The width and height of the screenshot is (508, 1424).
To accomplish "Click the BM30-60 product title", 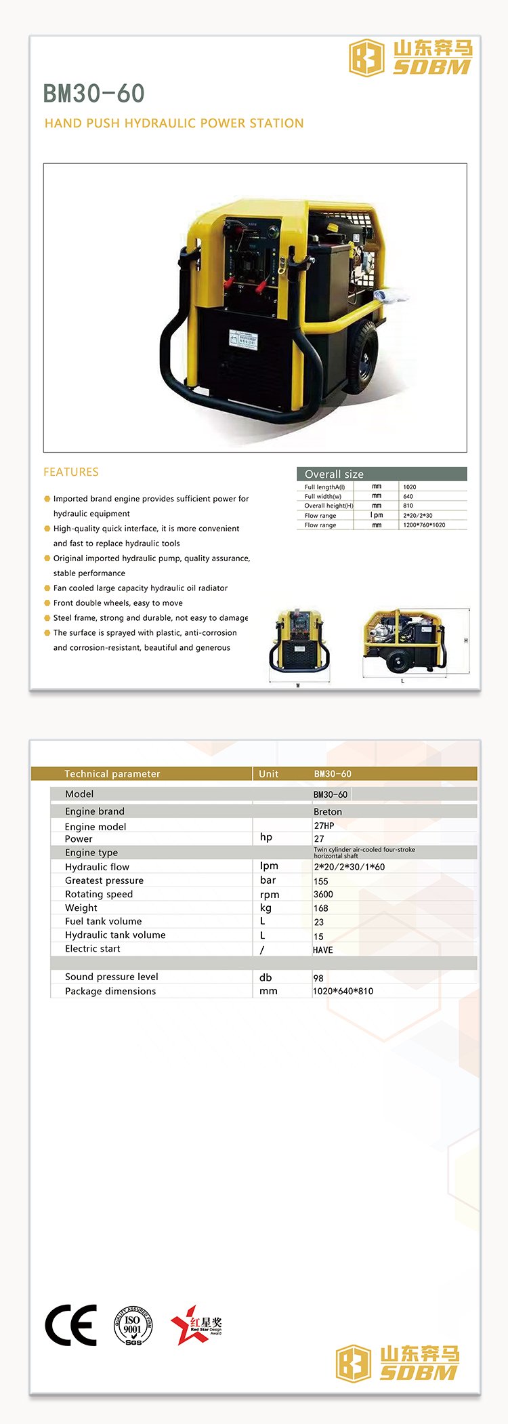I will [93, 94].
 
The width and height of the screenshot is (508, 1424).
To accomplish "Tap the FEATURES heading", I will [71, 472].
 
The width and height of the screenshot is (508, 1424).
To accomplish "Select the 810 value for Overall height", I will [408, 506].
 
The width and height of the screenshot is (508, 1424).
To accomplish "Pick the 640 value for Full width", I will [408, 496].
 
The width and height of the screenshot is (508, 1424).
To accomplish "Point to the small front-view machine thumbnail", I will [299, 645].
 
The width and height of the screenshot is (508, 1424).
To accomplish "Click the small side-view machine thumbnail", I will [404, 641].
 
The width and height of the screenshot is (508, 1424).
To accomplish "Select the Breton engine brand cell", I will [328, 811].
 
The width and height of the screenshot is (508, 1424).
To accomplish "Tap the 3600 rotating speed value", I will [323, 894].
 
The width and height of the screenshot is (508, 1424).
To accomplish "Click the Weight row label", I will [81, 908].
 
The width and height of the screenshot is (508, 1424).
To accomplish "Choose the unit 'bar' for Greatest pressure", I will [268, 880].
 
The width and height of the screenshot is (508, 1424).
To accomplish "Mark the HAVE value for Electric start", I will [323, 950].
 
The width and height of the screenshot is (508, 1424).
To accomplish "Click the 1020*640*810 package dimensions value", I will [343, 991].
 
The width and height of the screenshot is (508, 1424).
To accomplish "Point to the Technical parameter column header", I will [112, 773].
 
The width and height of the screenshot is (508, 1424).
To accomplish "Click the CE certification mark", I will [70, 1324].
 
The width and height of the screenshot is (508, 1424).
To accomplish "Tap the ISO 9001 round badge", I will [133, 1326].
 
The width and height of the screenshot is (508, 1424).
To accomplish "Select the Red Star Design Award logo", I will [196, 1324].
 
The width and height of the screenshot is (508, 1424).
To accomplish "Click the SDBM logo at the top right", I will [410, 58].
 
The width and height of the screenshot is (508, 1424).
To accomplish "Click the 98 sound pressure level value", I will [318, 978].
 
